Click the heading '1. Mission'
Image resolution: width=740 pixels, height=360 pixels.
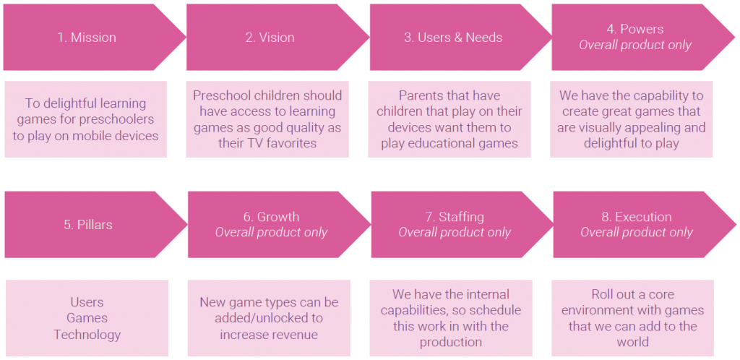click(x=87, y=38)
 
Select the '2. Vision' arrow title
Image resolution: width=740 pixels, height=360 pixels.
click(x=270, y=38)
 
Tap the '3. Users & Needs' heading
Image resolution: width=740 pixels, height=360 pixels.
click(x=453, y=38)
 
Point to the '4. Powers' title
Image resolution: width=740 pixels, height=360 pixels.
click(x=635, y=29)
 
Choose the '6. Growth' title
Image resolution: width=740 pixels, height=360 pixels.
click(x=271, y=217)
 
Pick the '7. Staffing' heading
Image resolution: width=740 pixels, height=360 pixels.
click(x=455, y=217)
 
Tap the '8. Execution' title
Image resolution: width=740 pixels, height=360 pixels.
click(x=636, y=217)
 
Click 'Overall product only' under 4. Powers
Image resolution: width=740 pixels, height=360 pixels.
click(x=635, y=46)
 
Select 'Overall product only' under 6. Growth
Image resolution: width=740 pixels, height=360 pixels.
click(x=272, y=233)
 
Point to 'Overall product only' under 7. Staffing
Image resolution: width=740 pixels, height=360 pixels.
click(x=455, y=233)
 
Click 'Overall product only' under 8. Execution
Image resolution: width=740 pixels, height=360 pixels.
click(x=637, y=233)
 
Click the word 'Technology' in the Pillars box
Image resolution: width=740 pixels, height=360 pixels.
click(x=87, y=335)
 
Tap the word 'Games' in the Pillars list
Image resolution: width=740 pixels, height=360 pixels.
click(x=87, y=318)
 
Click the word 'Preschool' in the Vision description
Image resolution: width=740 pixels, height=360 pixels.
click(x=220, y=95)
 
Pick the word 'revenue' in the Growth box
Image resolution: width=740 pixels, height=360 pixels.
click(x=293, y=335)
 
